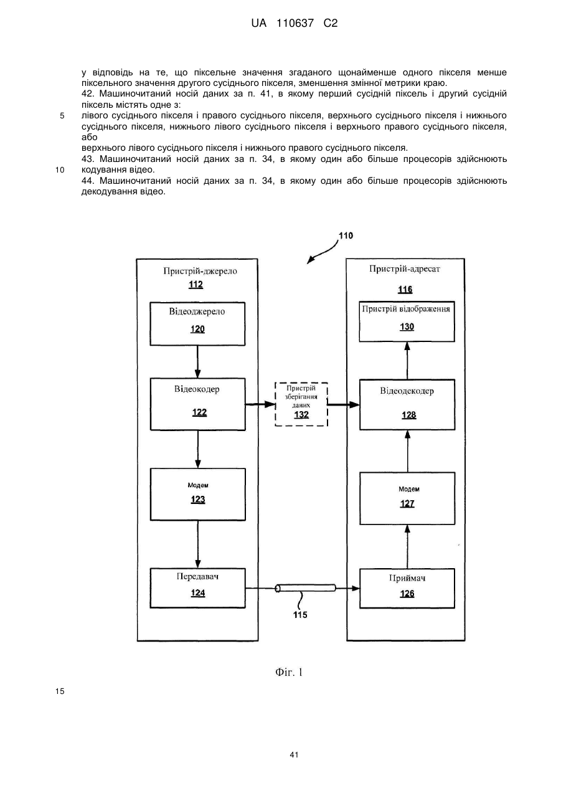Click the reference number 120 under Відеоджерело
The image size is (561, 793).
(x=197, y=330)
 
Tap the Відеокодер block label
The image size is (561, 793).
(x=197, y=389)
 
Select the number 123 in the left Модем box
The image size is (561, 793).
(x=198, y=499)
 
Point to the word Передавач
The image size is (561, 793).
(x=197, y=577)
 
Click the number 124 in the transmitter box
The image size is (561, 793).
(x=198, y=593)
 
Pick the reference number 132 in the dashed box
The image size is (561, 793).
(x=301, y=414)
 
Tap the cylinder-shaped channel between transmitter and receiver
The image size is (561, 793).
(x=306, y=588)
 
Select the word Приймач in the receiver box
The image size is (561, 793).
(x=407, y=578)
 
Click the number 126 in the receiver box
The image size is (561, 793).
(x=407, y=594)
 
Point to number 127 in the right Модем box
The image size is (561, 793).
(x=407, y=503)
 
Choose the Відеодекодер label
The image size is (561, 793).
(x=407, y=391)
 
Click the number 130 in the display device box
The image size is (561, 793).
(x=407, y=327)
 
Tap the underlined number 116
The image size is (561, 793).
(x=405, y=290)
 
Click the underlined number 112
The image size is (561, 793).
(x=196, y=285)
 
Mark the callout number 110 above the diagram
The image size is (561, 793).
(x=346, y=235)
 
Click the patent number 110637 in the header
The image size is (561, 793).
(x=295, y=24)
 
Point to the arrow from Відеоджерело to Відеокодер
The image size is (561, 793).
(x=197, y=362)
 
